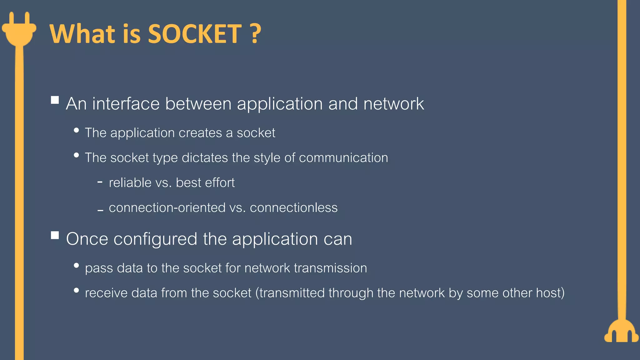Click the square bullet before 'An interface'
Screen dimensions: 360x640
(x=55, y=100)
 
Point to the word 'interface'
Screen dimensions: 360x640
(x=126, y=104)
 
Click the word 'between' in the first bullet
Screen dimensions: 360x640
(x=198, y=104)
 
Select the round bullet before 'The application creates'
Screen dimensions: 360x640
(x=76, y=130)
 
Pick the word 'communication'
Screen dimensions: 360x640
(x=343, y=158)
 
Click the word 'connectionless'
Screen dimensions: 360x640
(x=294, y=208)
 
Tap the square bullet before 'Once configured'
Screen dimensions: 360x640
(x=55, y=235)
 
